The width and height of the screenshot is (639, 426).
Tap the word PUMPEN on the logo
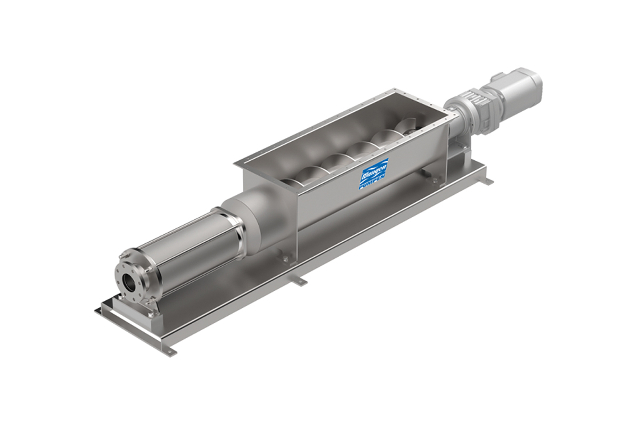point(374,182)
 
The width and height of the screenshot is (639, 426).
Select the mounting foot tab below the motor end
point(486,182)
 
